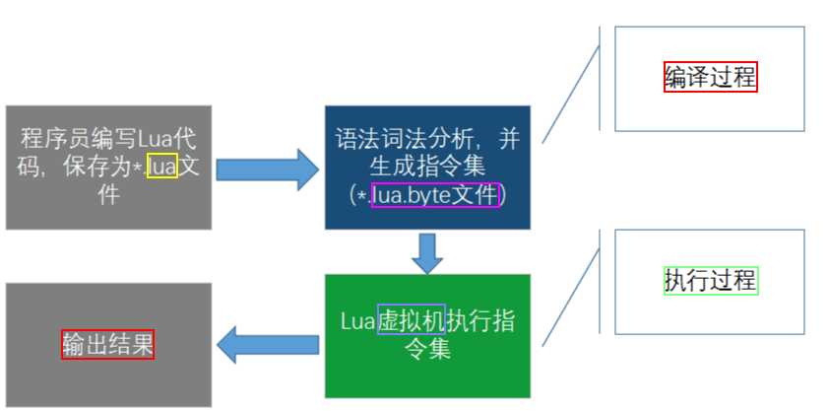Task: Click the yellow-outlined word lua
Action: tap(161, 167)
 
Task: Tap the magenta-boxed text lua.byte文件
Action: tap(436, 194)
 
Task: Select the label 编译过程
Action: tap(710, 77)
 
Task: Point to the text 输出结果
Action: tap(107, 343)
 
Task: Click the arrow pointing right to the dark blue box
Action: tap(268, 169)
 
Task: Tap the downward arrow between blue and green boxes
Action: tap(427, 253)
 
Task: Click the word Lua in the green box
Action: tap(358, 320)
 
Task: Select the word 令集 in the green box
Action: tap(427, 348)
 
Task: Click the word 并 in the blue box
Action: tap(509, 138)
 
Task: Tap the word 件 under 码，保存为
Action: tap(107, 194)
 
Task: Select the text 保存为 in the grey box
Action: tap(99, 167)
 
